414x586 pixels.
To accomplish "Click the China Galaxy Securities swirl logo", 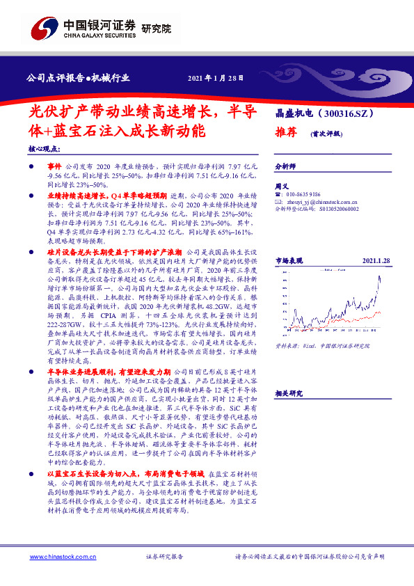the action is pos(41,29).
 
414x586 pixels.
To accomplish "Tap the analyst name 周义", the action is pos(282,187).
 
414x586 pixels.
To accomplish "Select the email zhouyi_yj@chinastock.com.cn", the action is pos(321,201).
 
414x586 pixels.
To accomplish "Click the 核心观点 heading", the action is pos(42,149).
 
